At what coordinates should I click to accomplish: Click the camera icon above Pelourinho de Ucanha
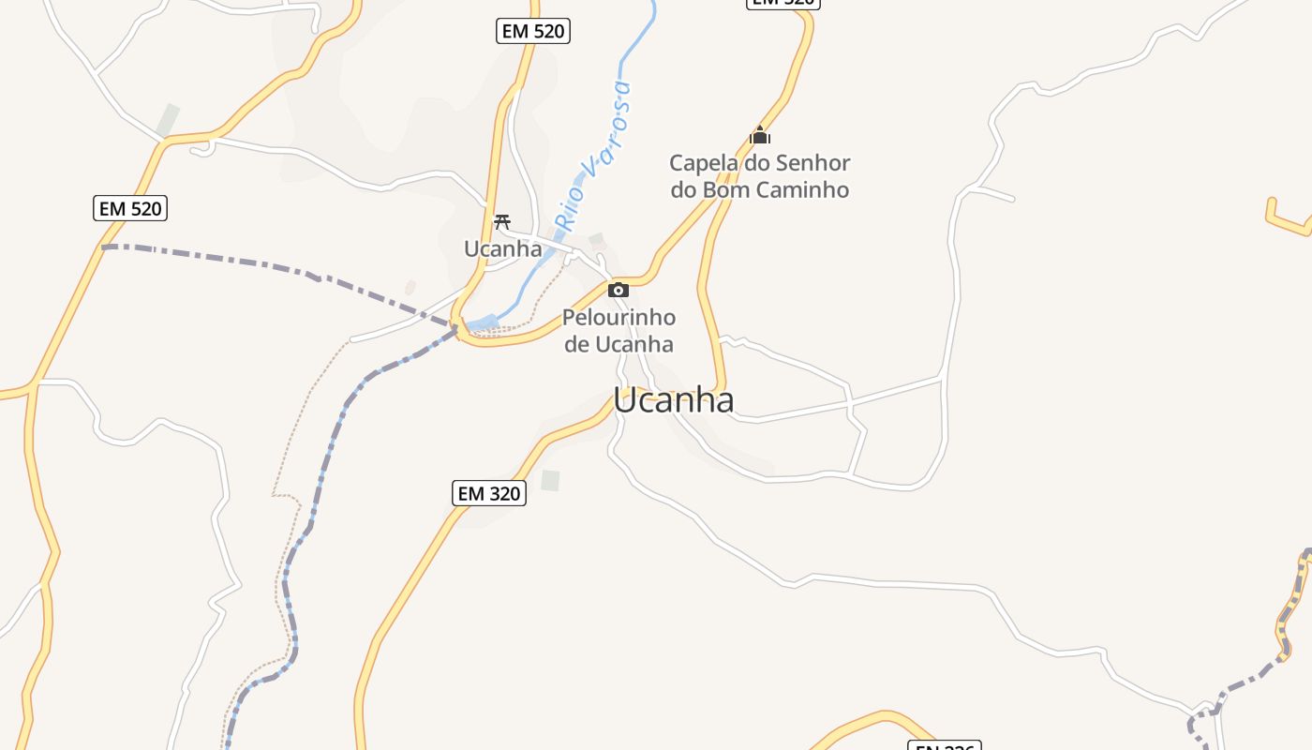tap(618, 290)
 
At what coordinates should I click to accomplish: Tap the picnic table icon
tap(502, 222)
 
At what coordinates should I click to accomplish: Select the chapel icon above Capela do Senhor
tap(760, 136)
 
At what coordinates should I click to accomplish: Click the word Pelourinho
tap(619, 318)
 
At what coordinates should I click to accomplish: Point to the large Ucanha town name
tap(674, 400)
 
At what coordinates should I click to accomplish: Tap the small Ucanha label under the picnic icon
tap(503, 248)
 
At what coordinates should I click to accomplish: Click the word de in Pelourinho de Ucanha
tap(577, 345)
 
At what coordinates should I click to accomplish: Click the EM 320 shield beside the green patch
tap(489, 493)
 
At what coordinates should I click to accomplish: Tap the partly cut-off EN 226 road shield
tap(944, 746)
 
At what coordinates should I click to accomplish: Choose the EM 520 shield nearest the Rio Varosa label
tap(533, 31)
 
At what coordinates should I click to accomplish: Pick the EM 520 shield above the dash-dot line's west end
tap(130, 208)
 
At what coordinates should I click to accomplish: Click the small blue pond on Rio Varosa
tap(484, 324)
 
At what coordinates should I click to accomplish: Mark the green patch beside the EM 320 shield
tap(550, 481)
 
